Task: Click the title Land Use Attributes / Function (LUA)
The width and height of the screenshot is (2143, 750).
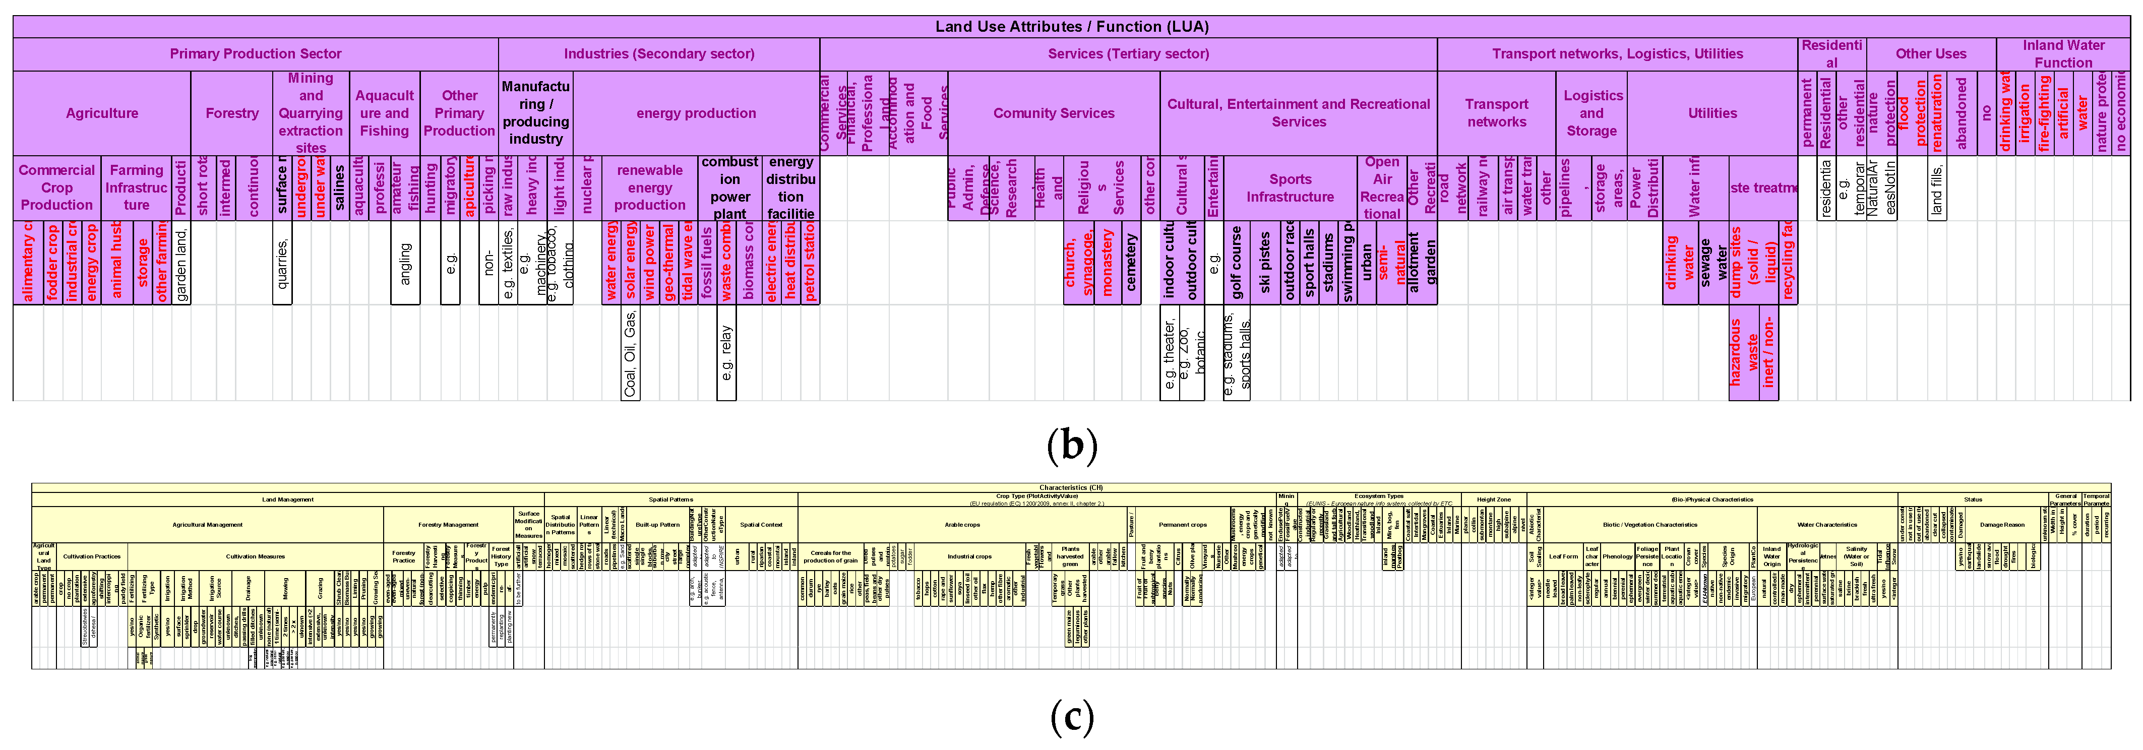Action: tap(1072, 27)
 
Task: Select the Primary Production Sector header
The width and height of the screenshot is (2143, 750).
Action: tap(256, 54)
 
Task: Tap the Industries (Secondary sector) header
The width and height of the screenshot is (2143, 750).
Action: tap(659, 54)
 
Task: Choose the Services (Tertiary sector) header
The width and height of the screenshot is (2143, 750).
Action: tap(1128, 54)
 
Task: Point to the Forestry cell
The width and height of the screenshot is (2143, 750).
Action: tap(232, 113)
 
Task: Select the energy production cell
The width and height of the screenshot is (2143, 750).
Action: tap(696, 113)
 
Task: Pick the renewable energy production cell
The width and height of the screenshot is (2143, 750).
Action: tap(650, 188)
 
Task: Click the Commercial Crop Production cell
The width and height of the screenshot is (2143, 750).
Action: tap(56, 188)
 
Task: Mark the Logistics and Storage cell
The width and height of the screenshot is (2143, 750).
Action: tap(1591, 113)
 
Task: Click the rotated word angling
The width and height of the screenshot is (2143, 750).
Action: tap(405, 264)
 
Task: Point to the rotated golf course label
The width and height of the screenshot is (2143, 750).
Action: tap(1236, 264)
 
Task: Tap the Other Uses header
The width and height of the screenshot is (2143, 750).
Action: tap(1931, 54)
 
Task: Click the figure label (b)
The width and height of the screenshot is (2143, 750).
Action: tap(1072, 445)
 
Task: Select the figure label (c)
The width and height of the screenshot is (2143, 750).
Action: tap(1072, 717)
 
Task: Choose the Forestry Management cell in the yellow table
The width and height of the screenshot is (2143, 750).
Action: tap(448, 525)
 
